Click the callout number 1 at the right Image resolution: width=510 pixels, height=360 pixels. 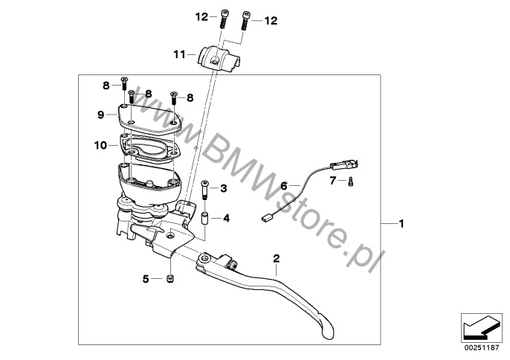(x=401, y=224)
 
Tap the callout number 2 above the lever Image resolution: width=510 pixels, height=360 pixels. (x=276, y=258)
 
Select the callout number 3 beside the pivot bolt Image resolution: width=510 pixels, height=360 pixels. (x=224, y=188)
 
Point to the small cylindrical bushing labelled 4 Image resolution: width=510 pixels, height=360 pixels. (x=205, y=218)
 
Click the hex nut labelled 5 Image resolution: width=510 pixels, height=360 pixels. (x=170, y=279)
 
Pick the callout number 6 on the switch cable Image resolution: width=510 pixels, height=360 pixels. (x=284, y=186)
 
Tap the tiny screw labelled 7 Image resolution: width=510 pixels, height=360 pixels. (x=350, y=181)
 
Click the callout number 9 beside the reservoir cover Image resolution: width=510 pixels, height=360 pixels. (x=101, y=115)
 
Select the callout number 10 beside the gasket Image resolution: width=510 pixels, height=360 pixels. (x=100, y=145)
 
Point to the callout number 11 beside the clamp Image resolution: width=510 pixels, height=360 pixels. (x=179, y=54)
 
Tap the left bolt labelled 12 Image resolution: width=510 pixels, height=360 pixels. (x=223, y=19)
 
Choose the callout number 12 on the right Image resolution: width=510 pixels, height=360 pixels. (x=271, y=21)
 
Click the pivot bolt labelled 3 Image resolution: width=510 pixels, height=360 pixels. (x=204, y=190)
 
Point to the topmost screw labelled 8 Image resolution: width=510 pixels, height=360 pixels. (x=124, y=84)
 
